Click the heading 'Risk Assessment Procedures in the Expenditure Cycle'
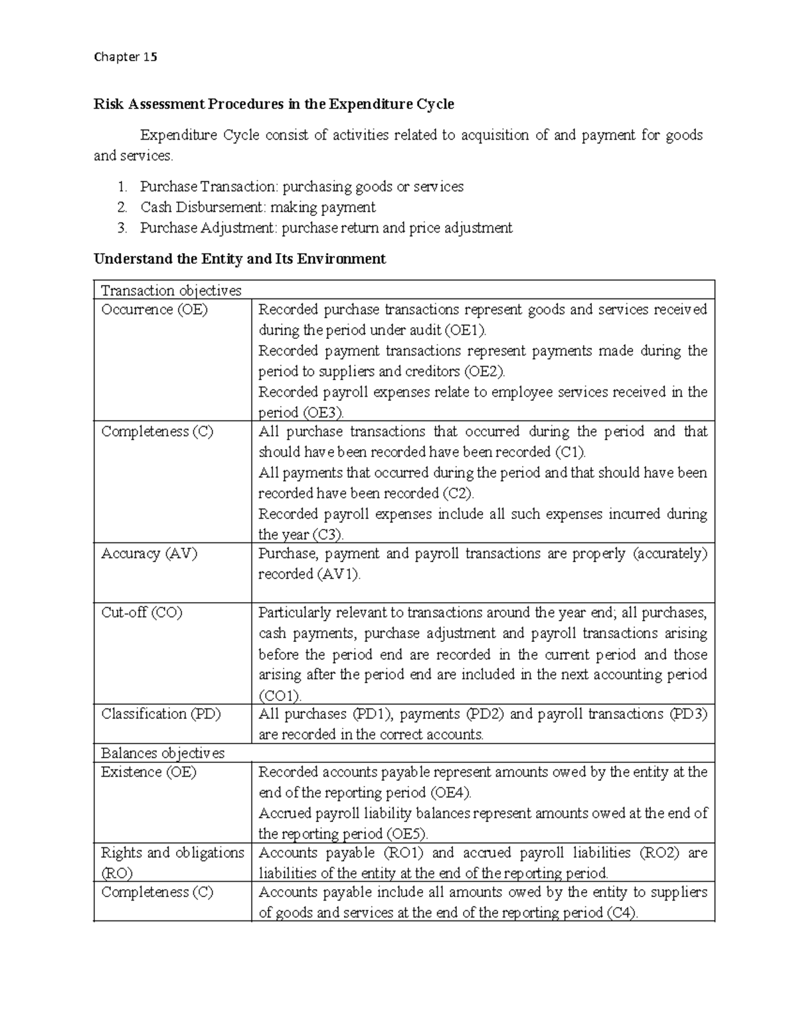(x=274, y=104)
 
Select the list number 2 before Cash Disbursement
(x=122, y=207)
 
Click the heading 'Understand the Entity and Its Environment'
(x=239, y=259)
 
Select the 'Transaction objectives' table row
(x=171, y=290)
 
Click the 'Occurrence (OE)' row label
(x=154, y=310)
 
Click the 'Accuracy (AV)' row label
(x=149, y=554)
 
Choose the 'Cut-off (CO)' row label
(x=141, y=613)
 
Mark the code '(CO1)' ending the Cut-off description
(x=280, y=696)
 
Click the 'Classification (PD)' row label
(x=161, y=714)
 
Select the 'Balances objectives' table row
(x=163, y=753)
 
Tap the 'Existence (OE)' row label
(x=149, y=772)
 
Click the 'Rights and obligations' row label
(x=172, y=853)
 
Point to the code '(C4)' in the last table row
(x=622, y=913)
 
